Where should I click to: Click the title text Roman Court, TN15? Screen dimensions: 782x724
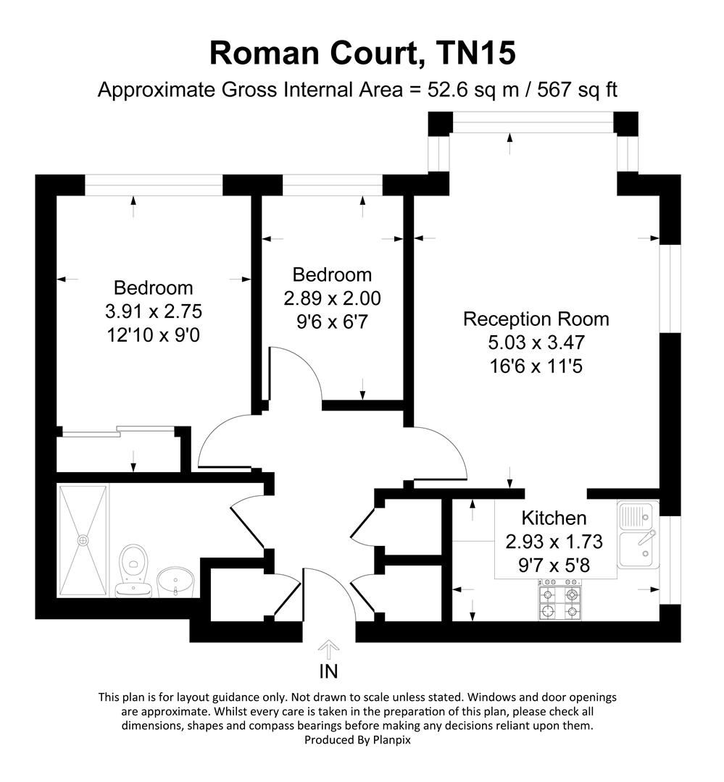(362, 53)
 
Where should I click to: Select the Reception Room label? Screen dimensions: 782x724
(536, 319)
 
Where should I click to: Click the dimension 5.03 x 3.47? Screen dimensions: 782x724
(536, 342)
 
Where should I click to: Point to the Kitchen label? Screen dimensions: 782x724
(554, 518)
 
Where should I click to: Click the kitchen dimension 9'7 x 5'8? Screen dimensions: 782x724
(554, 565)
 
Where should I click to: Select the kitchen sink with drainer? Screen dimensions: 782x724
(638, 537)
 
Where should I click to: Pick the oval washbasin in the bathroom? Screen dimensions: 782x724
(175, 581)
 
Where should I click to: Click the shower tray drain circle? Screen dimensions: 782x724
(83, 539)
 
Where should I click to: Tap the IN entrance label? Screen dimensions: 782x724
(329, 671)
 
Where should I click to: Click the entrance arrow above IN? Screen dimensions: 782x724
(329, 647)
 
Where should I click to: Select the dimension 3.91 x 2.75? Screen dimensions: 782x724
(153, 311)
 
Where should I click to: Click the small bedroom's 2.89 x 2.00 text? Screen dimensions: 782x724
(332, 298)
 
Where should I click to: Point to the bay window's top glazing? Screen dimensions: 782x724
(533, 127)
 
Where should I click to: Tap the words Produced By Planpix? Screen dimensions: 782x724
(362, 740)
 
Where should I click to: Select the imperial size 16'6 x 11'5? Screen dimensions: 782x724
(536, 366)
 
